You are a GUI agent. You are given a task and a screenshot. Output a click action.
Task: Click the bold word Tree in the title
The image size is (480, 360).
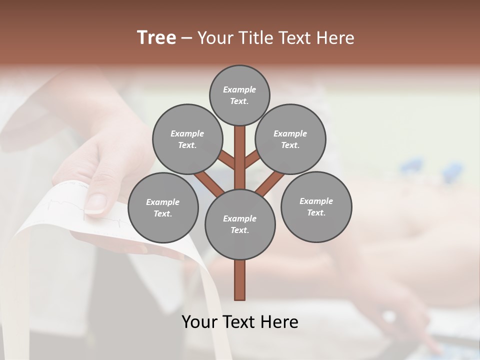point(156,37)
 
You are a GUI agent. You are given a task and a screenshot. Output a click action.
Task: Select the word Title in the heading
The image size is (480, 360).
point(254,37)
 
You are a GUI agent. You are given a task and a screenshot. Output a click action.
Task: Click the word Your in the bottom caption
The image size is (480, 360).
point(200,322)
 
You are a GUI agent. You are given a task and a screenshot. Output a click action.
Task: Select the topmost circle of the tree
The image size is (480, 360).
point(239,95)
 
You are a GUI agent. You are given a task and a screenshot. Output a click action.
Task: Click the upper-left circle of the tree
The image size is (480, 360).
point(187,139)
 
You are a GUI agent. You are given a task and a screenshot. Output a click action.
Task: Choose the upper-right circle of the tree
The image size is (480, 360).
point(290,139)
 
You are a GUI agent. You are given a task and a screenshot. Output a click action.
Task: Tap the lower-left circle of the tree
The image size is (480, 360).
point(163,207)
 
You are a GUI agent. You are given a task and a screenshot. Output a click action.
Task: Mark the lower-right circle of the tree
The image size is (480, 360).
point(316,206)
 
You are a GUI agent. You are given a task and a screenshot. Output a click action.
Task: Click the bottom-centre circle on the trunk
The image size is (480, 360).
point(240,224)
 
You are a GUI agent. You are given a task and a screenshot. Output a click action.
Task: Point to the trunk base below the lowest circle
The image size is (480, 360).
point(240,280)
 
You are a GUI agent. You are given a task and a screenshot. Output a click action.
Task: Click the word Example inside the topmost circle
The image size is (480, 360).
point(239,90)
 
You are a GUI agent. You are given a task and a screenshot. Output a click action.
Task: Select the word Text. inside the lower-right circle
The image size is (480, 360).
point(316,212)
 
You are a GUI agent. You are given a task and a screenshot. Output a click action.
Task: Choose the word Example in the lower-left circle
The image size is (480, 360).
point(163,202)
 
